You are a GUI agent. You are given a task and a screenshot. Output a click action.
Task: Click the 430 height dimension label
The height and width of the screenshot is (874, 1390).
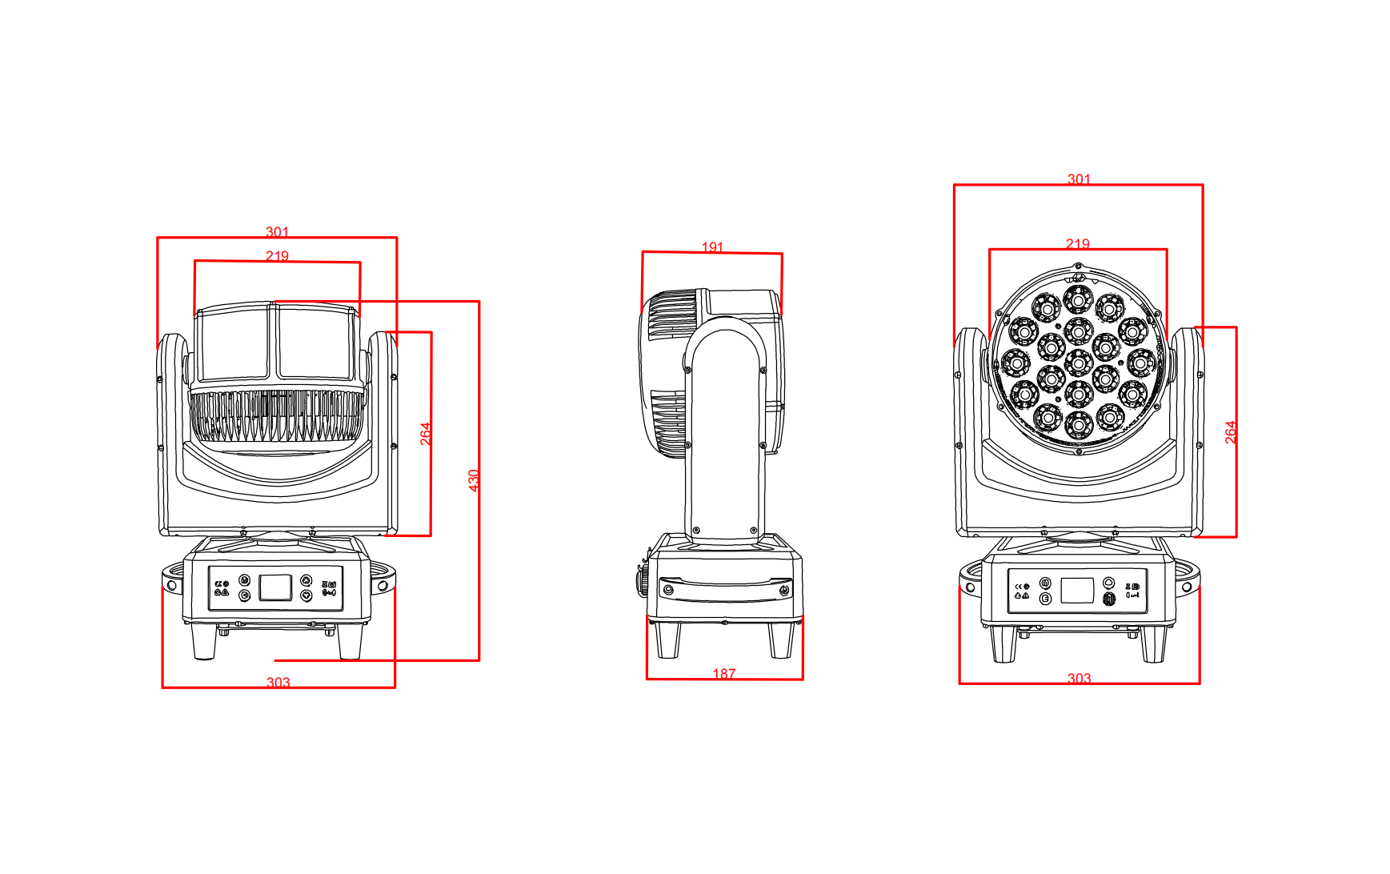[x=474, y=480]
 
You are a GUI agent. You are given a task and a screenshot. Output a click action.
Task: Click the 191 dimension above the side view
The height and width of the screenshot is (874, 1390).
[x=712, y=247]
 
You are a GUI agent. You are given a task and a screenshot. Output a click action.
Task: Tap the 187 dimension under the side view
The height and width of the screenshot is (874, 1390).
[x=724, y=674]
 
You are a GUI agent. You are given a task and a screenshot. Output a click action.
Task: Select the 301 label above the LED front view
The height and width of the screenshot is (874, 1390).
[x=1079, y=179]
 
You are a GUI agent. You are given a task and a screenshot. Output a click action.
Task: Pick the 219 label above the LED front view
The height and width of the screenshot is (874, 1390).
[x=1078, y=243]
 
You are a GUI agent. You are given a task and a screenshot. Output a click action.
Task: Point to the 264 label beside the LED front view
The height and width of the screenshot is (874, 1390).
[x=1231, y=432]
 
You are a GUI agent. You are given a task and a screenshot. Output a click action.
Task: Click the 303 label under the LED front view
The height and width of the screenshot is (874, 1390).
[x=1079, y=678]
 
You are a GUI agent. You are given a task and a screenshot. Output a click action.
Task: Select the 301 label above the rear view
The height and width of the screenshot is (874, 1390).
[x=277, y=231]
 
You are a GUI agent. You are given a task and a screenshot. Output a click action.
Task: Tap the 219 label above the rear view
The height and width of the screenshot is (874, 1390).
[x=277, y=255]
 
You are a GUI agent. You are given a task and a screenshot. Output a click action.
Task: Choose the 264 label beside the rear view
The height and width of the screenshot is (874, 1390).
[x=426, y=434]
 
